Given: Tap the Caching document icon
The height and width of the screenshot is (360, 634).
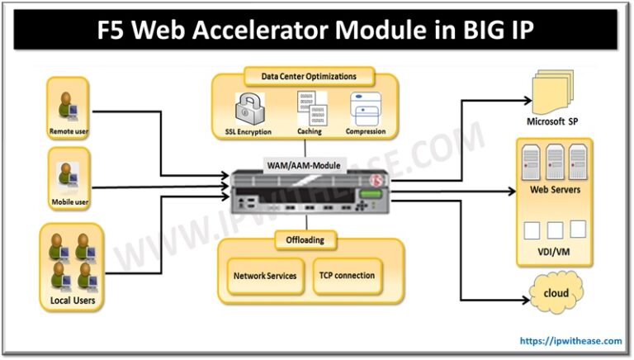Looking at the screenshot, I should (x=308, y=108).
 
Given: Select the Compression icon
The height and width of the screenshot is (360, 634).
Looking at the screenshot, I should (x=365, y=107).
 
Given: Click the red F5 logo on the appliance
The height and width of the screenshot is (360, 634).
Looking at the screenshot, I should (x=378, y=181).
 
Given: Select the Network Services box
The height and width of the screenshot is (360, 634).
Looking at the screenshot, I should (x=264, y=276).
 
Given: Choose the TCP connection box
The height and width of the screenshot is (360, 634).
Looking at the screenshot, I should (x=346, y=276).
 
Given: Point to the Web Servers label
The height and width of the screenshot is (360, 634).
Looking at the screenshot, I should (x=555, y=190).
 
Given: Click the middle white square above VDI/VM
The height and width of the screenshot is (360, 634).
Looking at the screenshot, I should (x=555, y=229).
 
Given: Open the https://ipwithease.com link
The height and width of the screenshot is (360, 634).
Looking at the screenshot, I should (x=570, y=340).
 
